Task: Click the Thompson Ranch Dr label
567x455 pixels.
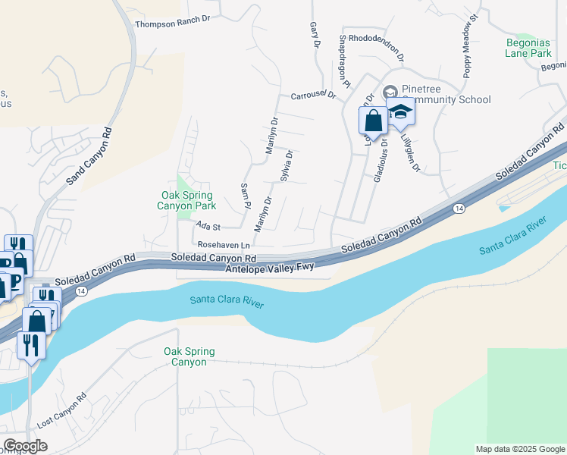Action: tap(171, 24)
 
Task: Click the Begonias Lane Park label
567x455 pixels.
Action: tap(528, 49)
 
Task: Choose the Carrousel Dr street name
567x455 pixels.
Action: tap(313, 96)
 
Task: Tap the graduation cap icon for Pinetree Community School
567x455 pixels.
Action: tap(401, 111)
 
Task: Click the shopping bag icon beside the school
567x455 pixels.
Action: tap(373, 120)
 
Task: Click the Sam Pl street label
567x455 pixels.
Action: tap(245, 196)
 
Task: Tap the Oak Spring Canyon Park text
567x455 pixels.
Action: tap(186, 199)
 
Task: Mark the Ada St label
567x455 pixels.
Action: tap(207, 226)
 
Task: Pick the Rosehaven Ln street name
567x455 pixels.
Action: tap(224, 245)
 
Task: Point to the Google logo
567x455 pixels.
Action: tap(25, 446)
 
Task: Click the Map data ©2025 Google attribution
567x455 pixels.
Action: tap(519, 449)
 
